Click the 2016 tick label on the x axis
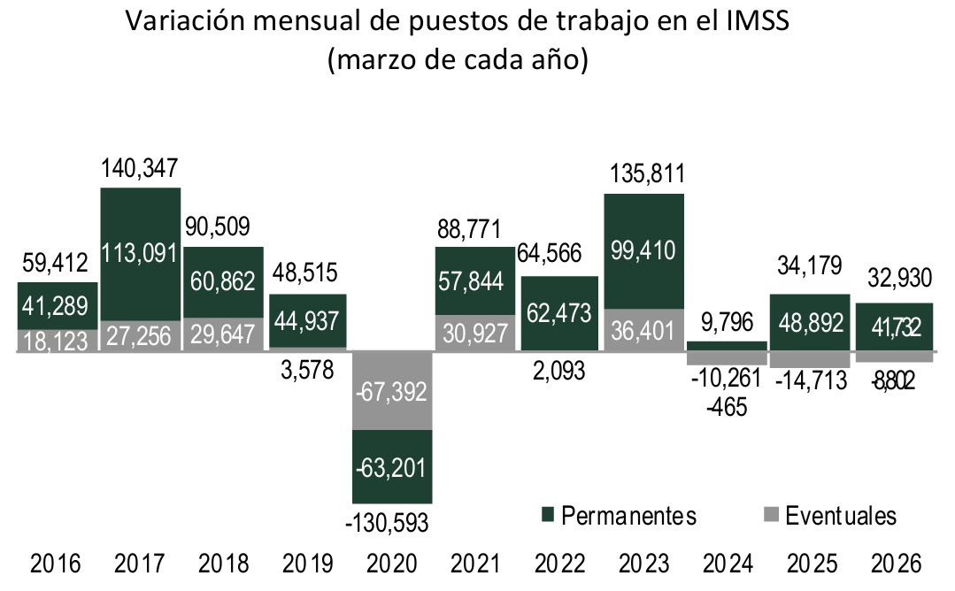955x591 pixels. (55, 564)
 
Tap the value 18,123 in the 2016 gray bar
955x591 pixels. (55, 341)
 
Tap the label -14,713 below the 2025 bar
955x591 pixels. (810, 381)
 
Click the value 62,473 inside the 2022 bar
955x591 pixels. (559, 311)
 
